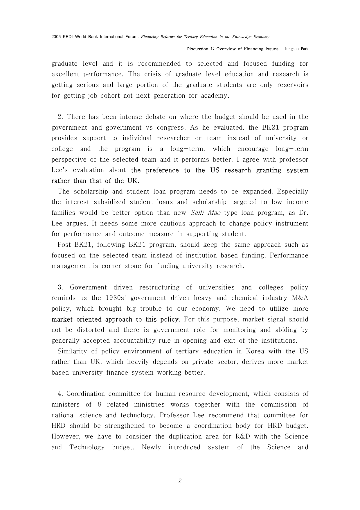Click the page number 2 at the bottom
(x=180, y=481)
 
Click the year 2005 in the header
(x=56, y=37)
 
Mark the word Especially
(x=292, y=192)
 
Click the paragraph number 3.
(x=60, y=287)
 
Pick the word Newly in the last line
(x=151, y=447)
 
